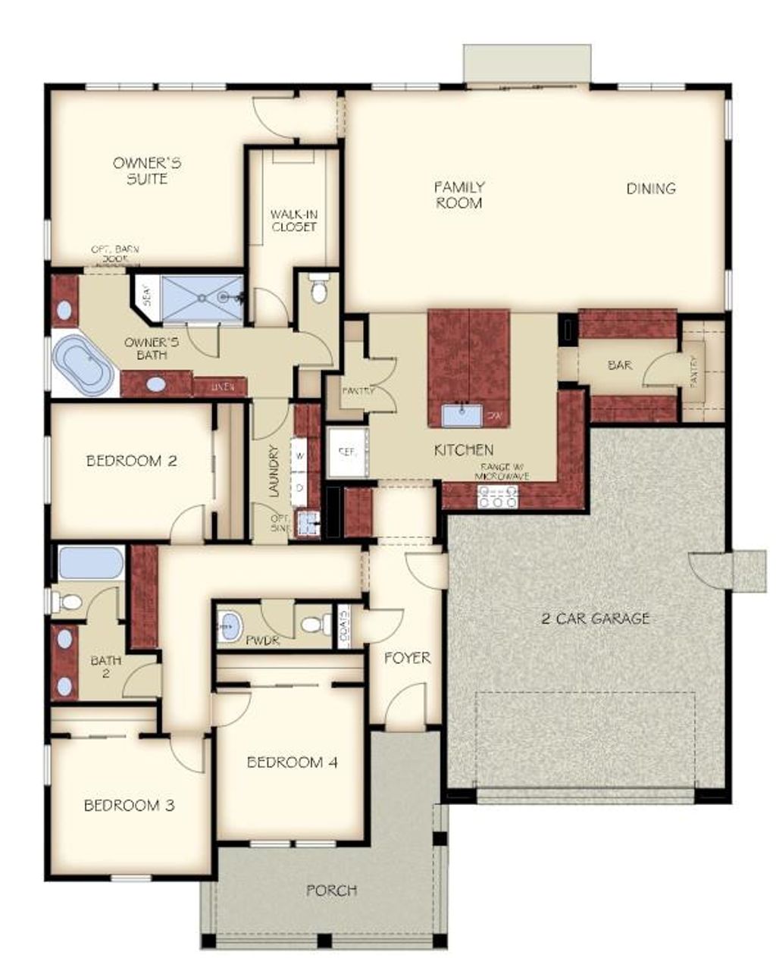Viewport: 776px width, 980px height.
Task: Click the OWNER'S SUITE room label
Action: pos(147,171)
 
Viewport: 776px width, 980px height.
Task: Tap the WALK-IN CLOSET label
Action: pos(293,221)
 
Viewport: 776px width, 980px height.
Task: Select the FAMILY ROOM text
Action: pos(459,195)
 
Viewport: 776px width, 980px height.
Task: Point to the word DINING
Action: pos(651,189)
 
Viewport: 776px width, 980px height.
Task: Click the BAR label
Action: pos(619,365)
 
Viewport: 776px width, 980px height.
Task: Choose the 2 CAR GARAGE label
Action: pos(595,618)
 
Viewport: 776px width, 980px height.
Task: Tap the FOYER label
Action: pos(407,658)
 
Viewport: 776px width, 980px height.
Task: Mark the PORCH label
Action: pos(331,890)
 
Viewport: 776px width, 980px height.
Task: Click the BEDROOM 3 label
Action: pos(129,805)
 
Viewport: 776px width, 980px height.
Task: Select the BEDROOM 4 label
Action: pos(292,762)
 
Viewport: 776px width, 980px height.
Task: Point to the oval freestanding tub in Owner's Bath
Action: pos(84,365)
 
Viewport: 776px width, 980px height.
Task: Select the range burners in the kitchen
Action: pos(498,496)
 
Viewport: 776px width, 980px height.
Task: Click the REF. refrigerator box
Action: pos(347,452)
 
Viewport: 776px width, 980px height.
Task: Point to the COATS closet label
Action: pos(344,627)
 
